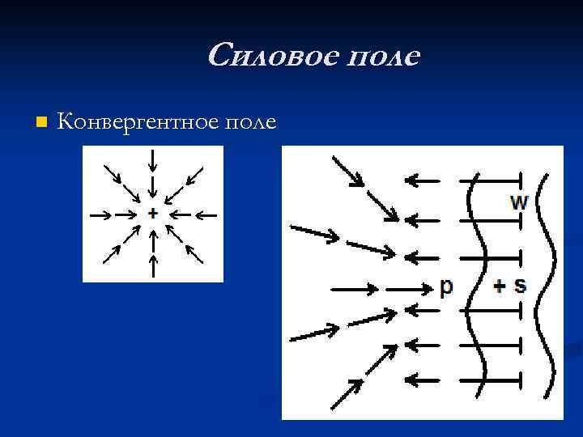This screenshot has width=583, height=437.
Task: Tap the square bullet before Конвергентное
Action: point(42,122)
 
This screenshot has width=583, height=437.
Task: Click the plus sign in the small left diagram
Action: point(152,214)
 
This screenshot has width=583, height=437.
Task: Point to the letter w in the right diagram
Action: point(519,202)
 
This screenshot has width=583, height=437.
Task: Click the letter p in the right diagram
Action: point(445,287)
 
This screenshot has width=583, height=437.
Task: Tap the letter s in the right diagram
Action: point(520,286)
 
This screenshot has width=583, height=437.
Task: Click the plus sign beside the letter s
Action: point(500,286)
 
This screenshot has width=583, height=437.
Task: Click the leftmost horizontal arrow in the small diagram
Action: point(100,214)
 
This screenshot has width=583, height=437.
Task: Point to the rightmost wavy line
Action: point(551,283)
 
